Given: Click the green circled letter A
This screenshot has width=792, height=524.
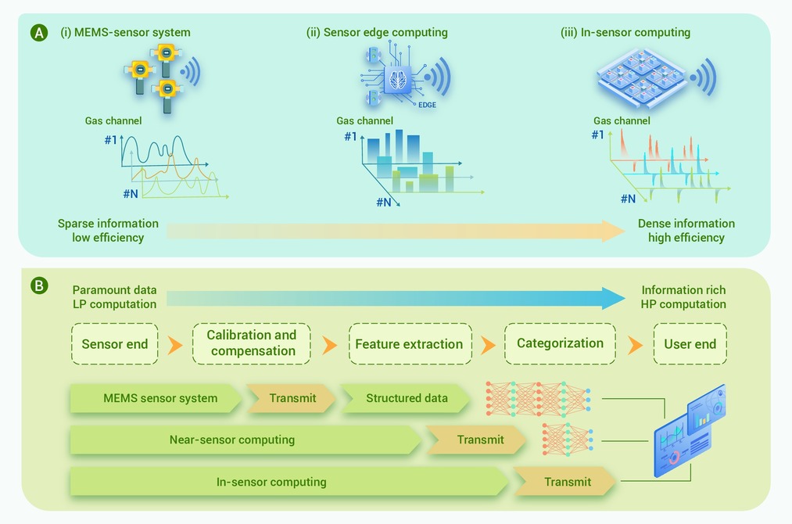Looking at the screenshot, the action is (x=39, y=33).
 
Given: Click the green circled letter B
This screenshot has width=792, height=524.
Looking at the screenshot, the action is (x=39, y=285).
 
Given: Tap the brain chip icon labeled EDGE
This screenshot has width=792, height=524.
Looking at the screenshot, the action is (x=398, y=79).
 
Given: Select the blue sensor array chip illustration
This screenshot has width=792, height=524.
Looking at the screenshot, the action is (x=641, y=77).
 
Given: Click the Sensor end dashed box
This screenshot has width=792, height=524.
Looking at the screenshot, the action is (x=115, y=344).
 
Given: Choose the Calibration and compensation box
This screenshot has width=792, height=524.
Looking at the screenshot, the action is (x=252, y=343).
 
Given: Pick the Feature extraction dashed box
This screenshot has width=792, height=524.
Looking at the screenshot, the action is (x=410, y=344).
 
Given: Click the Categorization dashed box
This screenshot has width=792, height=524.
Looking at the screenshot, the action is (x=560, y=343).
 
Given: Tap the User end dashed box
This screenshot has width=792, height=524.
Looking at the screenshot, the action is (x=690, y=344).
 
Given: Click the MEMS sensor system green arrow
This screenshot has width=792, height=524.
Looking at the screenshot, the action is (x=156, y=398).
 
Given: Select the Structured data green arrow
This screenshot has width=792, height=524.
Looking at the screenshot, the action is (x=406, y=398).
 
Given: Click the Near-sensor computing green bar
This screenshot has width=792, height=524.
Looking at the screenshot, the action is (x=245, y=440).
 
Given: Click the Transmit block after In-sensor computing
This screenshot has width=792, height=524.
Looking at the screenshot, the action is (x=566, y=482).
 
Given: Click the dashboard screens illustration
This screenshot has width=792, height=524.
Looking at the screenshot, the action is (x=689, y=432).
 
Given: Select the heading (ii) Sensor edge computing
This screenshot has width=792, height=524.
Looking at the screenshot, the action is (x=377, y=32).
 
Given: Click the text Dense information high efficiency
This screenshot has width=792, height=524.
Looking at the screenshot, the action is (x=686, y=231).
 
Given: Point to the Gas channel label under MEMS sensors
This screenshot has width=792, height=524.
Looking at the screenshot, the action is (x=113, y=120).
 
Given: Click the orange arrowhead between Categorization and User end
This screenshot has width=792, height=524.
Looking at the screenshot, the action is (x=635, y=345).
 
